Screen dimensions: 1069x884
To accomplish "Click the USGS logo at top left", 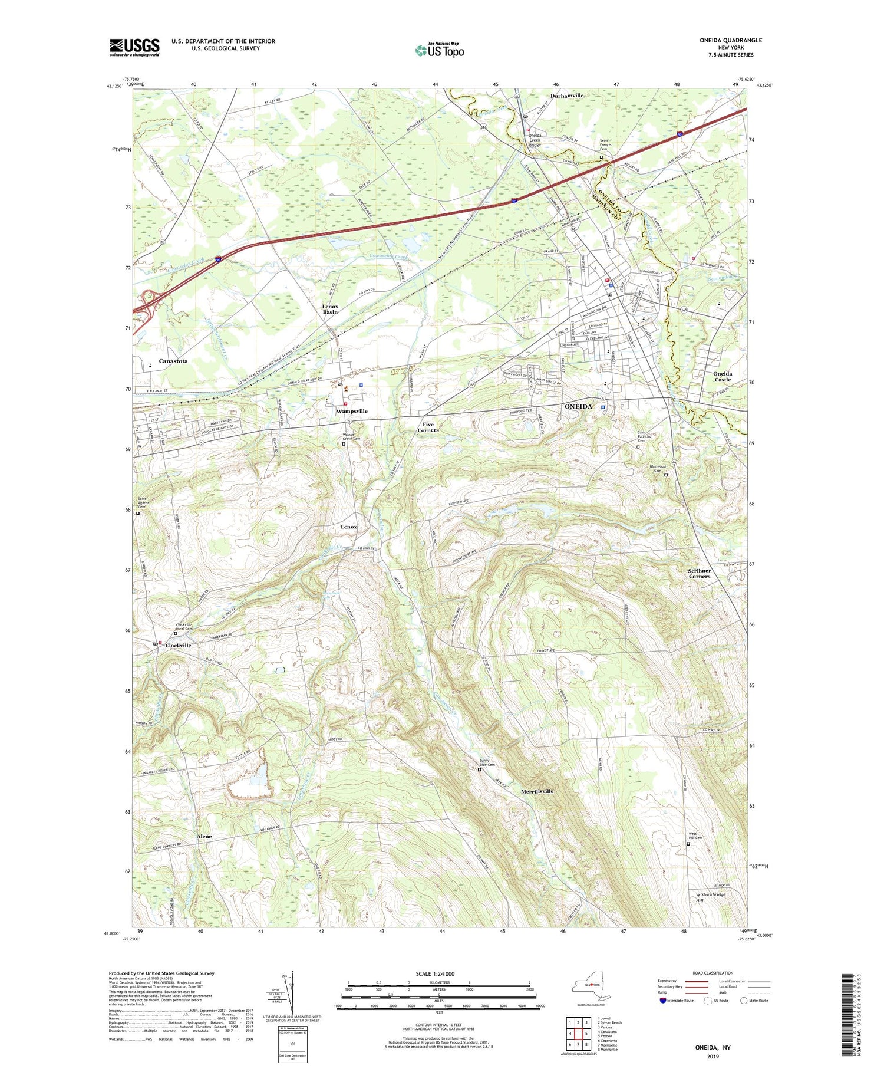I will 134,47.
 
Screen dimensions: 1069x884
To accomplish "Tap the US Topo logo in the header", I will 440,50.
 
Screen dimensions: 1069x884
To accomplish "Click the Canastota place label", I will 173,361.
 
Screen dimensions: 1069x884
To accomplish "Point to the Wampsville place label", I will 352,411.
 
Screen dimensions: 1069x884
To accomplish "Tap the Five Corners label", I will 428,427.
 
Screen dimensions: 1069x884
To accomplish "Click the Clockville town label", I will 178,646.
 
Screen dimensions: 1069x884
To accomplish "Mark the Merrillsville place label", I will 537,791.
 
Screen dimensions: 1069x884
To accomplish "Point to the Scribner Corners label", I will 700,573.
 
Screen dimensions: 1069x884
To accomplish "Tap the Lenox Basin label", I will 330,309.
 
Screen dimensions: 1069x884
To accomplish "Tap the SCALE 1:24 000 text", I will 438,973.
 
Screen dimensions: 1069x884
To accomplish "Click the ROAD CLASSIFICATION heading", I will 713,973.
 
